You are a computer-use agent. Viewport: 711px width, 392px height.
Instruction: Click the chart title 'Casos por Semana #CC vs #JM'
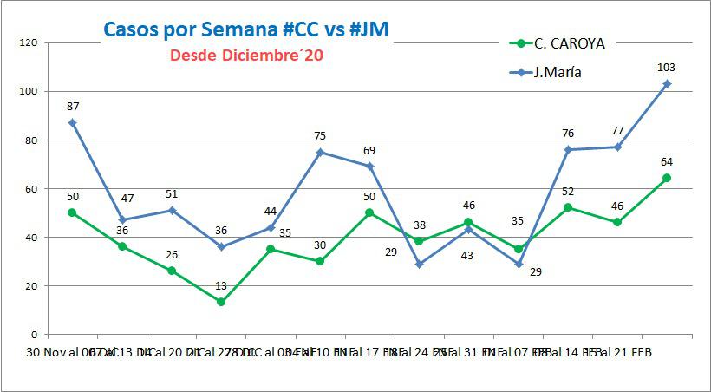pos(245,29)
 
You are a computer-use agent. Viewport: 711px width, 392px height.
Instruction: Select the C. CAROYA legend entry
pos(570,42)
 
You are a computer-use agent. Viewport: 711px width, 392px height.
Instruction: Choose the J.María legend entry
pos(558,72)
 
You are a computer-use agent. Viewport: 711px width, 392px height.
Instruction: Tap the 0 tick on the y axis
pos(33,334)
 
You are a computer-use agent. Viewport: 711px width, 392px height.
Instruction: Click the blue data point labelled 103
pos(667,84)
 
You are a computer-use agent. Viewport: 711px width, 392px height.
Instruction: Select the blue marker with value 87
pos(73,122)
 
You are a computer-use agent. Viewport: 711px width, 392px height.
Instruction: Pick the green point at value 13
pos(221,302)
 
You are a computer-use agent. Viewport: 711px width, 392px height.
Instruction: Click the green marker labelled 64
pos(667,178)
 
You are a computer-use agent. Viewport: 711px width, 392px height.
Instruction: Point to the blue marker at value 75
pos(320,152)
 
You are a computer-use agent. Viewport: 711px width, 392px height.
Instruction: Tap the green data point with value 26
pos(172,271)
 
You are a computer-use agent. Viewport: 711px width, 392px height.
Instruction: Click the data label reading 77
pos(617,131)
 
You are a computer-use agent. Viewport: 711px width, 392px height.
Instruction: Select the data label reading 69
pos(369,151)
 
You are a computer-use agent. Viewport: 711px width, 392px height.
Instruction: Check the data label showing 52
pos(568,192)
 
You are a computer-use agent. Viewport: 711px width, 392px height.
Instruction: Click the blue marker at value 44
pos(271,227)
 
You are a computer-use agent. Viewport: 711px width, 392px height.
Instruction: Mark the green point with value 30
pos(320,261)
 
